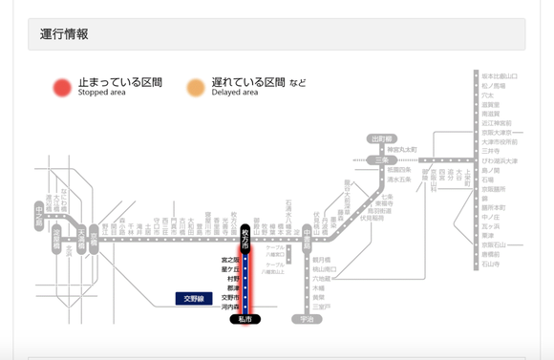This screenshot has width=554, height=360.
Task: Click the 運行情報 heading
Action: coord(64,34)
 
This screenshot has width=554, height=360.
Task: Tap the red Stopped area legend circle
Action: coord(62,88)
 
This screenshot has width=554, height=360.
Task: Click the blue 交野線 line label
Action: coord(195,299)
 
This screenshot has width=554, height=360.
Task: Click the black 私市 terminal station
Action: coord(245,319)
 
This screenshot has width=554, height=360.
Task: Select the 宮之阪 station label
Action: coord(229,260)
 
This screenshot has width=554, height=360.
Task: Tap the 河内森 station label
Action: coord(229,307)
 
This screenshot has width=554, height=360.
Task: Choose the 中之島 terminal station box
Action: coord(39,210)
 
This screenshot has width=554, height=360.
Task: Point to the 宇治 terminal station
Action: coord(307,319)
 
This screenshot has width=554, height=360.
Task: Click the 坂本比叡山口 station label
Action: coord(500,75)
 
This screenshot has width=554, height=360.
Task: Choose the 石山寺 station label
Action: coord(491,264)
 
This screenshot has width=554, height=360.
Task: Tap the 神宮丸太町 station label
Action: coord(402,150)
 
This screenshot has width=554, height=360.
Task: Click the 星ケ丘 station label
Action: coord(229,269)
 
